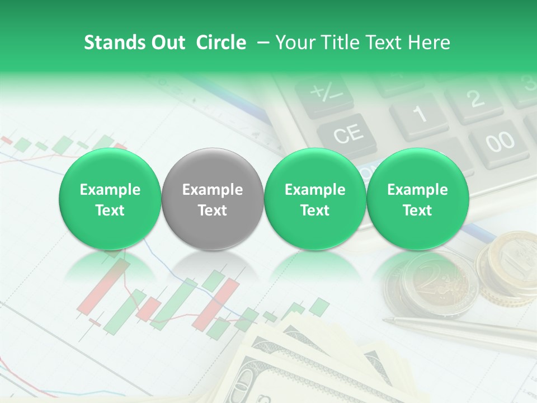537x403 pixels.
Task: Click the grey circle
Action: click(213, 199)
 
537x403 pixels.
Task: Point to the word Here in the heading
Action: click(430, 43)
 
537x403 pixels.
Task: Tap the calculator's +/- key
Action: click(324, 93)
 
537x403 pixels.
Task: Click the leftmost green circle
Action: click(110, 199)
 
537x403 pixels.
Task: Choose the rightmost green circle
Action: click(417, 199)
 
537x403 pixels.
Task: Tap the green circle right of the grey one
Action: click(315, 199)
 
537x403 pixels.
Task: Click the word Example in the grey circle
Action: click(213, 190)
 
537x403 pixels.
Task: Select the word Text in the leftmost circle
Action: click(110, 210)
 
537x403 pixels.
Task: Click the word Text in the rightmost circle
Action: click(417, 210)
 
